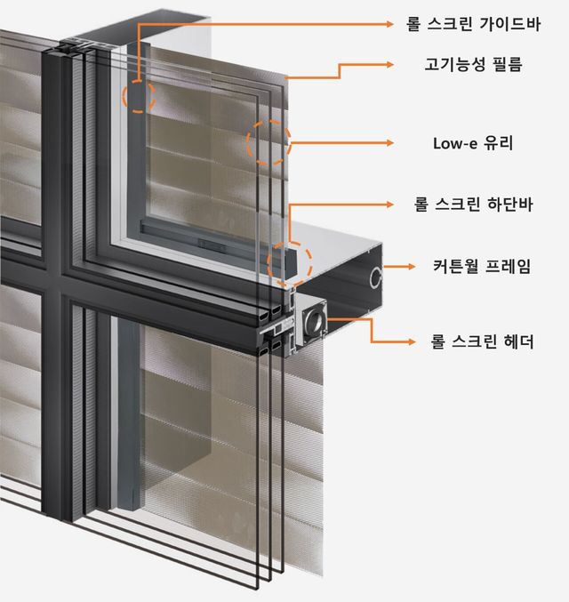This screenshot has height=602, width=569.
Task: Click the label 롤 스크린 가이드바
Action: click(472, 24)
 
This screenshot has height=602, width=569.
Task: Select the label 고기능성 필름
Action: click(472, 64)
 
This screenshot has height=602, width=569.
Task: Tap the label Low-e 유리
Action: click(472, 142)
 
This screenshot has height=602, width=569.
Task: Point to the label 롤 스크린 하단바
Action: click(472, 205)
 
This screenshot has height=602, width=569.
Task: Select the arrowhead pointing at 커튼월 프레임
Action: click(412, 266)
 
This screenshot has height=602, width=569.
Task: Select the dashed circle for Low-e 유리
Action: click(268, 142)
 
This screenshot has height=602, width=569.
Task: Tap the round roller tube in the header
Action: click(313, 321)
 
